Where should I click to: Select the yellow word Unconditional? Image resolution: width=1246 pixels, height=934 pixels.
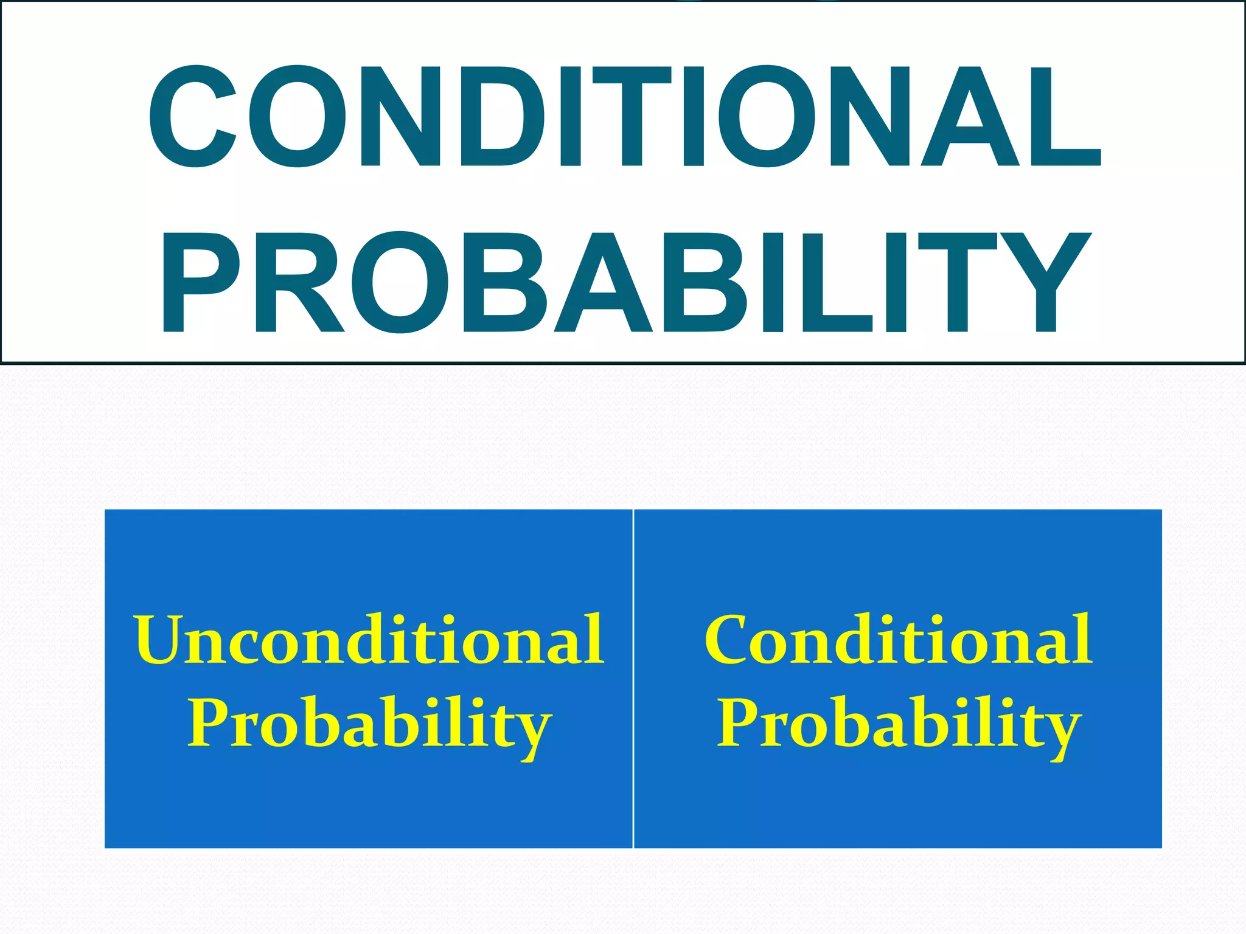point(369,640)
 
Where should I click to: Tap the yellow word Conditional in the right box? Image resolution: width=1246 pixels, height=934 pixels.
point(898,640)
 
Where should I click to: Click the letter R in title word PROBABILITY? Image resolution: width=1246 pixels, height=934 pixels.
point(298,283)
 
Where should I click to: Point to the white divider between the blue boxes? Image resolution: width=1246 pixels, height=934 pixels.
point(633,678)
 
